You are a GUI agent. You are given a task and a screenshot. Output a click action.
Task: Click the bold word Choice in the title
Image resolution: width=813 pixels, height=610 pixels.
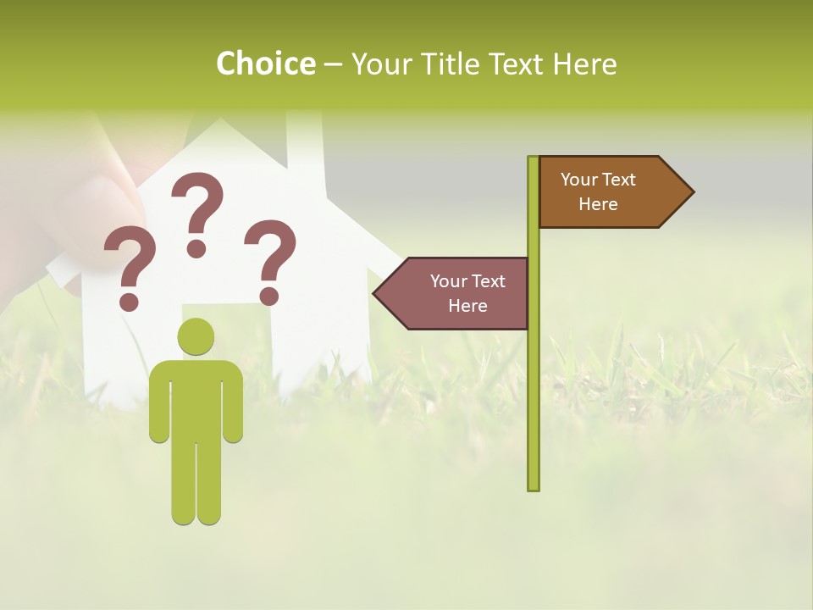point(265,64)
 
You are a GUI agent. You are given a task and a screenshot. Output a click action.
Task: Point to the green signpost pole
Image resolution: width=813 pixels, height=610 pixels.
point(533,381)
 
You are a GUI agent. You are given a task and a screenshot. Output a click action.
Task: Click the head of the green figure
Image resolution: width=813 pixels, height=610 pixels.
point(196,336)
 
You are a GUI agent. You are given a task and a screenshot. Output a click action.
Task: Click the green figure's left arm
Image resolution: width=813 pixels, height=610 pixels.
point(158,402)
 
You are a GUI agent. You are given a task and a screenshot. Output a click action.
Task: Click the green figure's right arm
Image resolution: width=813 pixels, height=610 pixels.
point(234,402)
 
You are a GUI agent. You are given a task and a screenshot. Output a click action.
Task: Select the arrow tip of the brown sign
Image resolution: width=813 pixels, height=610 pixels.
point(690,192)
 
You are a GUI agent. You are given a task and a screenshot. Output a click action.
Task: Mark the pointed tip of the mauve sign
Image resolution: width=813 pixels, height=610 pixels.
point(377,293)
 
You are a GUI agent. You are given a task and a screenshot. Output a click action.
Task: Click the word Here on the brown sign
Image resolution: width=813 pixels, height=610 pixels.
point(598,204)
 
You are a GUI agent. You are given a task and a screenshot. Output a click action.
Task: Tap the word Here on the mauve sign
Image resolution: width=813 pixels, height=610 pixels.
point(467,306)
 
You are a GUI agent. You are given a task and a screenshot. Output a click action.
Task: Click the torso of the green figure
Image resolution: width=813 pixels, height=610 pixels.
point(196,398)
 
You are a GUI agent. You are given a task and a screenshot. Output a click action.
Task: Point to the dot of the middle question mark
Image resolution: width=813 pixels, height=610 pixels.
point(196,248)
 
